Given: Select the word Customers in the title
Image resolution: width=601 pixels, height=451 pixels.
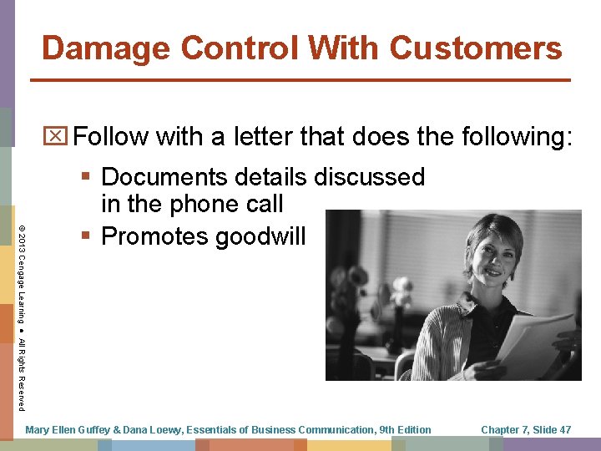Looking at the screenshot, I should point(476,48).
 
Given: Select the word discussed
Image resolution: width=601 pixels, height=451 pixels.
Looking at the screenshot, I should point(369,177).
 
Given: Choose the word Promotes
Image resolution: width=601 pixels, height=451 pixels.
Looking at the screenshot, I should point(154,236).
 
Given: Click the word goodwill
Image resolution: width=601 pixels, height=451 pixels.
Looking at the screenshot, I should point(261,236).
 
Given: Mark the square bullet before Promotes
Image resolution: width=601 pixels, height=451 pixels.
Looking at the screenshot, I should point(88,237).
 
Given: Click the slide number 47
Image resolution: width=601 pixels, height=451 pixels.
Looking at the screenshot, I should point(563,429).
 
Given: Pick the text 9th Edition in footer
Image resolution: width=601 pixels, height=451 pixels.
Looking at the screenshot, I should point(405,429).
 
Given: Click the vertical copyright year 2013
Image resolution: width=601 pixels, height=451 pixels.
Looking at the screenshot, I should point(22,236).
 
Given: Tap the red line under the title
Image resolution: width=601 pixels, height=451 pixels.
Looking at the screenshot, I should point(300,80).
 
